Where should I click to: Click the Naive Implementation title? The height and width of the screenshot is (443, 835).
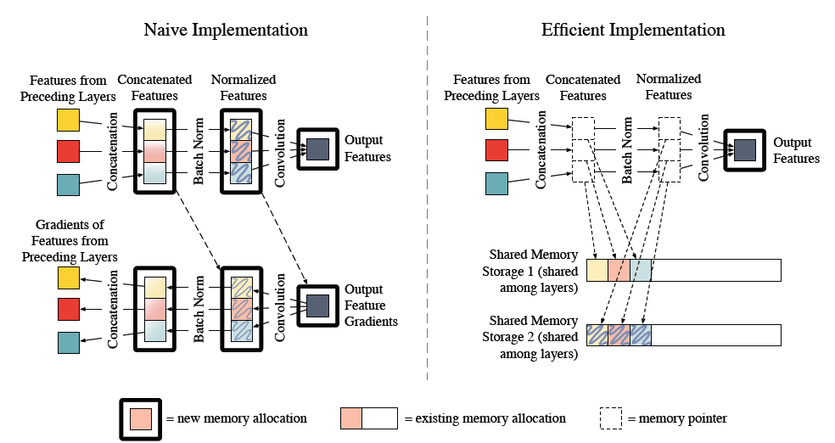pyautogui.click(x=225, y=30)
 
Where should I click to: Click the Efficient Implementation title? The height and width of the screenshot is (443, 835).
pyautogui.click(x=633, y=30)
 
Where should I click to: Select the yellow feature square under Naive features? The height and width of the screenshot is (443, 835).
pyautogui.click(x=68, y=120)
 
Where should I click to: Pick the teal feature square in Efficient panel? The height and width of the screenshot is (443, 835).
pyautogui.click(x=497, y=183)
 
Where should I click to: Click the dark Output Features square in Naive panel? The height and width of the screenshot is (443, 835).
pyautogui.click(x=318, y=149)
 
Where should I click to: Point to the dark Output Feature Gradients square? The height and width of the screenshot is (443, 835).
pyautogui.click(x=318, y=305)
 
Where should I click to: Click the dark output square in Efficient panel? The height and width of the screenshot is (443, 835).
pyautogui.click(x=744, y=150)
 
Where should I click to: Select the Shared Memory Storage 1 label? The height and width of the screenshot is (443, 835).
pyautogui.click(x=534, y=269)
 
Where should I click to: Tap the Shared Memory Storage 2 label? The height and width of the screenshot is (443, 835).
pyautogui.click(x=534, y=337)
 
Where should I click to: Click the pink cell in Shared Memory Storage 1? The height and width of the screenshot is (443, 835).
pyautogui.click(x=619, y=270)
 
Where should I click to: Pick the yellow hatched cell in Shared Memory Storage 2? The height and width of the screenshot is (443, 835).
pyautogui.click(x=597, y=335)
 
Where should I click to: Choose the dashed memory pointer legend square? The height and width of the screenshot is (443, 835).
pyautogui.click(x=610, y=418)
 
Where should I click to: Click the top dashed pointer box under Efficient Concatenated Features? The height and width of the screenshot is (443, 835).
pyautogui.click(x=584, y=128)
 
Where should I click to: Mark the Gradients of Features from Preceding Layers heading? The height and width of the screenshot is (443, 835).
pyautogui.click(x=70, y=240)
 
